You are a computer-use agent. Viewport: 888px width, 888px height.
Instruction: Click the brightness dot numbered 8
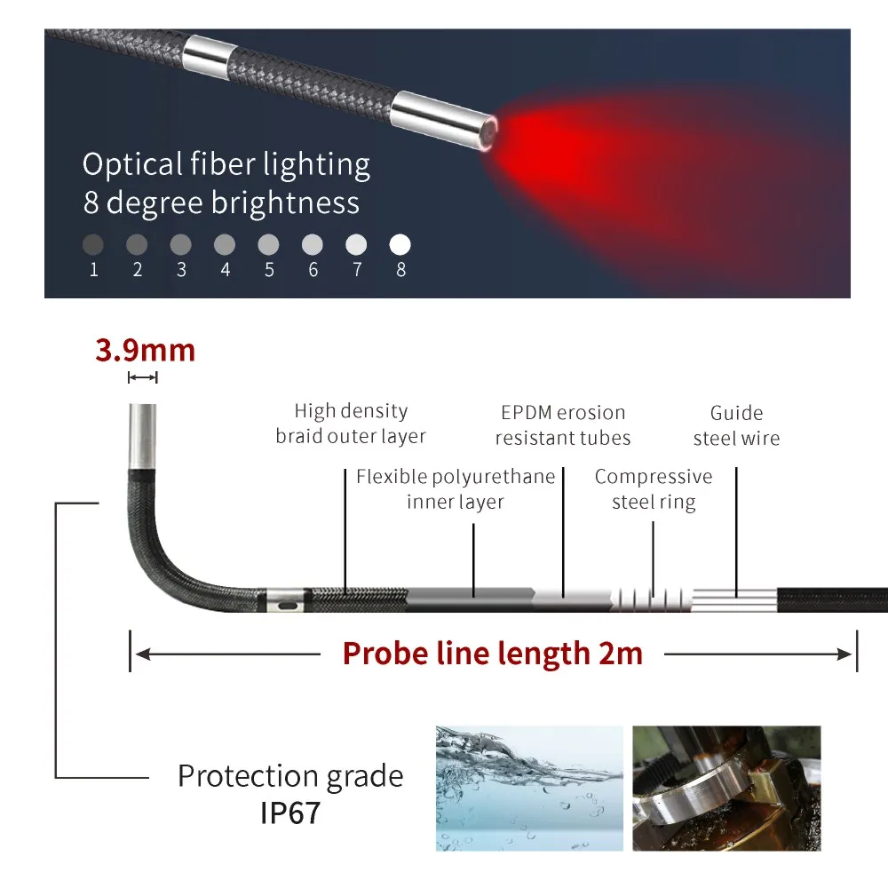click(x=400, y=244)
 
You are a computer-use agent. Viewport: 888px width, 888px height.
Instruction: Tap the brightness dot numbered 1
click(x=93, y=244)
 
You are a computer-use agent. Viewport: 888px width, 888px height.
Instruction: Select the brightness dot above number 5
click(x=269, y=244)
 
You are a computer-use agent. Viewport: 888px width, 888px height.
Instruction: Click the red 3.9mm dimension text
click(x=145, y=350)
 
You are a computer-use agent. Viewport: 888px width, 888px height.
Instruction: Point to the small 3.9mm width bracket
click(x=142, y=377)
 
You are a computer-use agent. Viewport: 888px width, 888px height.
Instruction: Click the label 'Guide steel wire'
click(x=736, y=425)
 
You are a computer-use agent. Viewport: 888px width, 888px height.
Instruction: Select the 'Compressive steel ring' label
click(x=653, y=489)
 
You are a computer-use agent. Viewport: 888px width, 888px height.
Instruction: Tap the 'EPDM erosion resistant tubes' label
click(x=563, y=424)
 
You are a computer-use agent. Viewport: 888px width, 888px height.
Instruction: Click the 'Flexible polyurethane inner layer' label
click(x=456, y=489)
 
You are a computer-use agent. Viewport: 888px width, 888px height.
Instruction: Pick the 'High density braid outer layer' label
click(x=351, y=424)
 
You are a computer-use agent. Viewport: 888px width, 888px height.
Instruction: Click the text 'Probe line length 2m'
click(x=493, y=654)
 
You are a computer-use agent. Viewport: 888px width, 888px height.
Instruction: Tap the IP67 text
click(x=290, y=813)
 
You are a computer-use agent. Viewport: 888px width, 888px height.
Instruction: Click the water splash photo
click(x=528, y=788)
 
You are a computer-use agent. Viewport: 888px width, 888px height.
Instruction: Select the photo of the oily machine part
click(x=725, y=788)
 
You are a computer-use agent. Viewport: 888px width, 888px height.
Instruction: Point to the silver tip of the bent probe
click(x=142, y=435)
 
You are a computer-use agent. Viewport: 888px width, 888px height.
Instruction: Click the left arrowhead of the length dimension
click(x=140, y=655)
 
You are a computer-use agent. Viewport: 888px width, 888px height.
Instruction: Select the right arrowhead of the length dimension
click(x=847, y=655)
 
